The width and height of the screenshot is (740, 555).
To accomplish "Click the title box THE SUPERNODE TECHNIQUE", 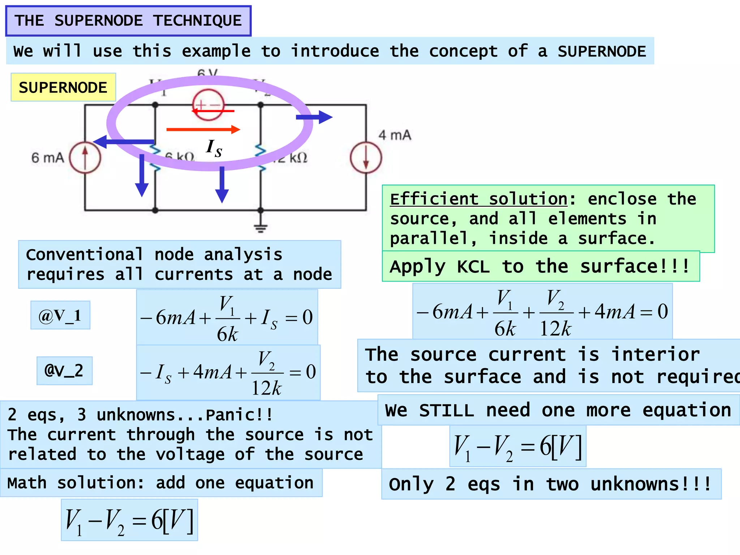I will point(128,21).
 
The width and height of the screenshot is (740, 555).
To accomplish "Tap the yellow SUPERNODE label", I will point(63,87).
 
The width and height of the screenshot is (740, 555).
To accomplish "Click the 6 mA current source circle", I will point(85,158).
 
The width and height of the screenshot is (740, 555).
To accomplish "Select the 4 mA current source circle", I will point(366,158).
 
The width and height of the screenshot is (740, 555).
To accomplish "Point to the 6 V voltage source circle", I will point(208,105).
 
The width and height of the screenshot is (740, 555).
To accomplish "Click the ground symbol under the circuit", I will point(261,228).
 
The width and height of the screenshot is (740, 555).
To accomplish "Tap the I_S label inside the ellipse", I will point(214,148).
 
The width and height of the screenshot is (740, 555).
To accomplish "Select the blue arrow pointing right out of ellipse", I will point(314,117).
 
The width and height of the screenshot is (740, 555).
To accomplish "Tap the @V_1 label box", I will point(60,315).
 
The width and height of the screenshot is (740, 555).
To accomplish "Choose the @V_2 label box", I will point(64,371).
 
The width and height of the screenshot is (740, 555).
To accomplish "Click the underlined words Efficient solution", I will point(478,199).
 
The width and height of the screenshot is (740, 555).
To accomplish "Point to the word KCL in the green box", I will point(473,267).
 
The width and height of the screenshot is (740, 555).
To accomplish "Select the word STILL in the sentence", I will point(447,410).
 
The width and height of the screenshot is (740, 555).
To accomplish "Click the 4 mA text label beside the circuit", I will point(395,135).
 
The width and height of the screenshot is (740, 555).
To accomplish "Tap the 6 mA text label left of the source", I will point(48,158).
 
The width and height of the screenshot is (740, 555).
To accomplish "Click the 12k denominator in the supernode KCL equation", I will point(555,329).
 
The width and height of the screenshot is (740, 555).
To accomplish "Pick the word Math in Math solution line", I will point(27,483).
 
